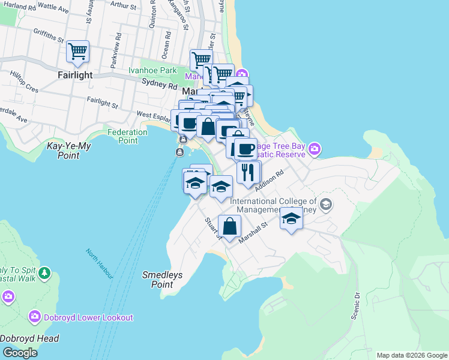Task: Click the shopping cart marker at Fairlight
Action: pyautogui.click(x=78, y=52)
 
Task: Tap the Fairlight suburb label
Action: pyautogui.click(x=76, y=75)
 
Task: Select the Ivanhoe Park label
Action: pyautogui.click(x=152, y=70)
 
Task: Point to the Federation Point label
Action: pyautogui.click(x=127, y=136)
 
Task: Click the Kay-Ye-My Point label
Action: pyautogui.click(x=71, y=151)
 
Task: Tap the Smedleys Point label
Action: pyautogui.click(x=162, y=280)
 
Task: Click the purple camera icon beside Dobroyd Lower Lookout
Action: pyautogui.click(x=35, y=316)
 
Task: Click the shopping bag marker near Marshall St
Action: pyautogui.click(x=229, y=226)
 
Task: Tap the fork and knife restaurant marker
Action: pyautogui.click(x=248, y=172)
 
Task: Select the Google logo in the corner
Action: pyautogui.click(x=19, y=353)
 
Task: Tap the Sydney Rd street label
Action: pyautogui.click(x=153, y=81)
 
